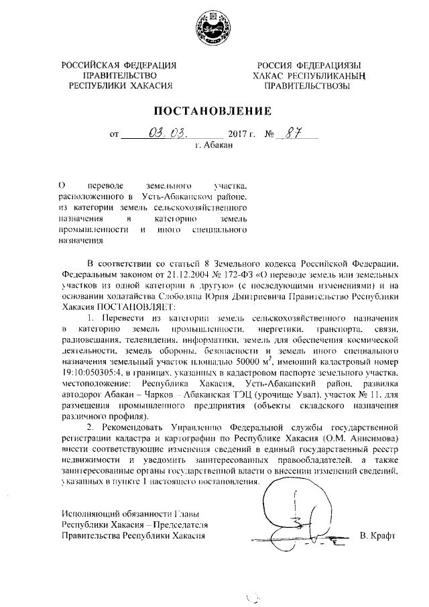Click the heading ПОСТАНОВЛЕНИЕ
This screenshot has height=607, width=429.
[214, 110]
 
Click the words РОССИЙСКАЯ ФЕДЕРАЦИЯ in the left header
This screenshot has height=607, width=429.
[119, 65]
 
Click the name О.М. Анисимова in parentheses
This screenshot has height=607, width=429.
[367, 437]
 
